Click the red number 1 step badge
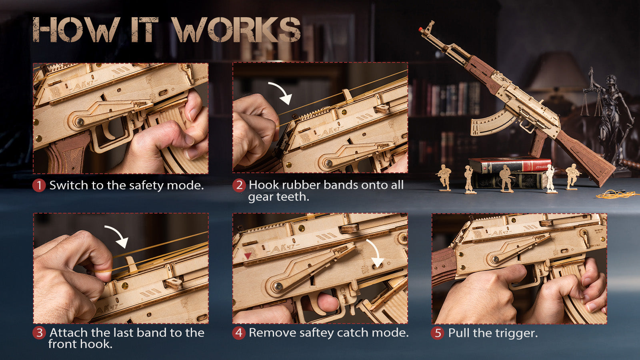click(39, 185)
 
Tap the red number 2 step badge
click(239, 185)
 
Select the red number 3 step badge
click(39, 333)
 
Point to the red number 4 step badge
click(239, 333)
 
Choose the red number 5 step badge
click(438, 333)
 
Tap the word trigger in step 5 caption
click(516, 334)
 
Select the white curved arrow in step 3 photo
click(118, 235)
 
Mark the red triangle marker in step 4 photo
click(248, 256)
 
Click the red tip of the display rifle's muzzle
click(420, 29)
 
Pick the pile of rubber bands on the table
click(617, 194)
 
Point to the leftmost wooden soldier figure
click(444, 178)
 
